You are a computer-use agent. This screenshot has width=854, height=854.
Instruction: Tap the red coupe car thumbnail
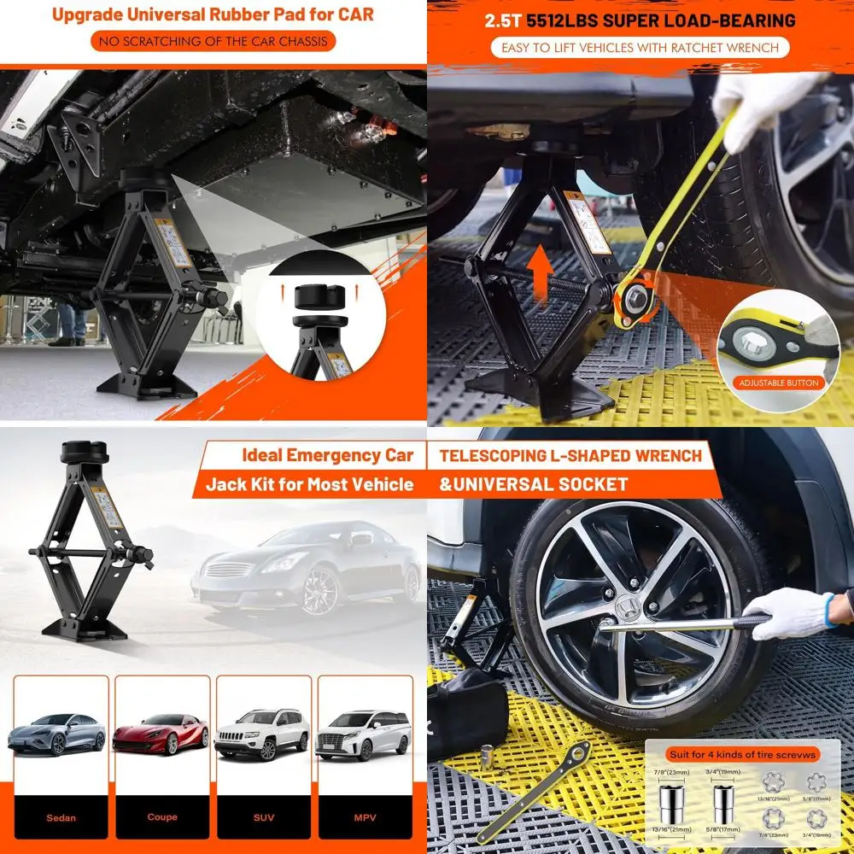click(x=161, y=732)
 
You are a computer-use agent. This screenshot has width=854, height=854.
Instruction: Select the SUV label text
click(x=263, y=817)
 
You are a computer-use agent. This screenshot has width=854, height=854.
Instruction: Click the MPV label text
click(x=365, y=817)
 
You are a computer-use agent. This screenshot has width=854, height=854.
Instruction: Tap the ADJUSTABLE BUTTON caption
click(x=778, y=383)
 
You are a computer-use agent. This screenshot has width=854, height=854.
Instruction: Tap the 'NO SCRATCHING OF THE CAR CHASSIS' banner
click(x=213, y=41)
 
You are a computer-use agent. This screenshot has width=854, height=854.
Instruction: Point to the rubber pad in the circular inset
click(x=316, y=299)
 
